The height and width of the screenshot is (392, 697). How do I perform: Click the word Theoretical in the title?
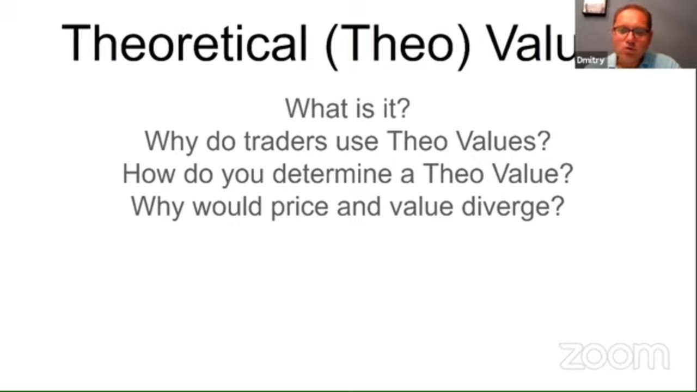tap(184, 42)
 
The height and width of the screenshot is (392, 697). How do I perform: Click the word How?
tap(148, 174)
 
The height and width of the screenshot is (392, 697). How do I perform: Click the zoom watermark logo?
tap(614, 356)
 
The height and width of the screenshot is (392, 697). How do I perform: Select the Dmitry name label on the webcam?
tap(590, 60)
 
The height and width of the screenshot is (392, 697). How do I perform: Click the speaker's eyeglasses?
tap(631, 31)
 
